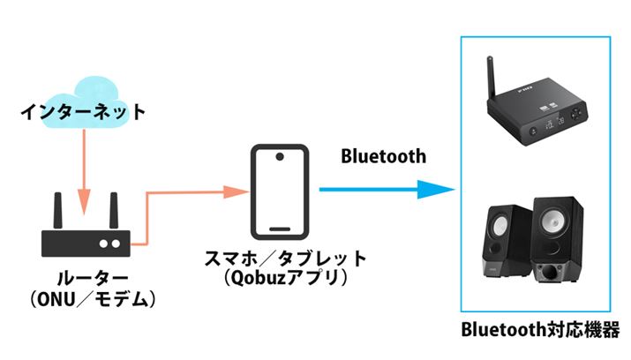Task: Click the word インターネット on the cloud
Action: (x=83, y=112)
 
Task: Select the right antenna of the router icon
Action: (x=112, y=211)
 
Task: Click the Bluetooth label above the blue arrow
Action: (x=383, y=156)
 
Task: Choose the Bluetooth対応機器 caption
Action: (x=541, y=330)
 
